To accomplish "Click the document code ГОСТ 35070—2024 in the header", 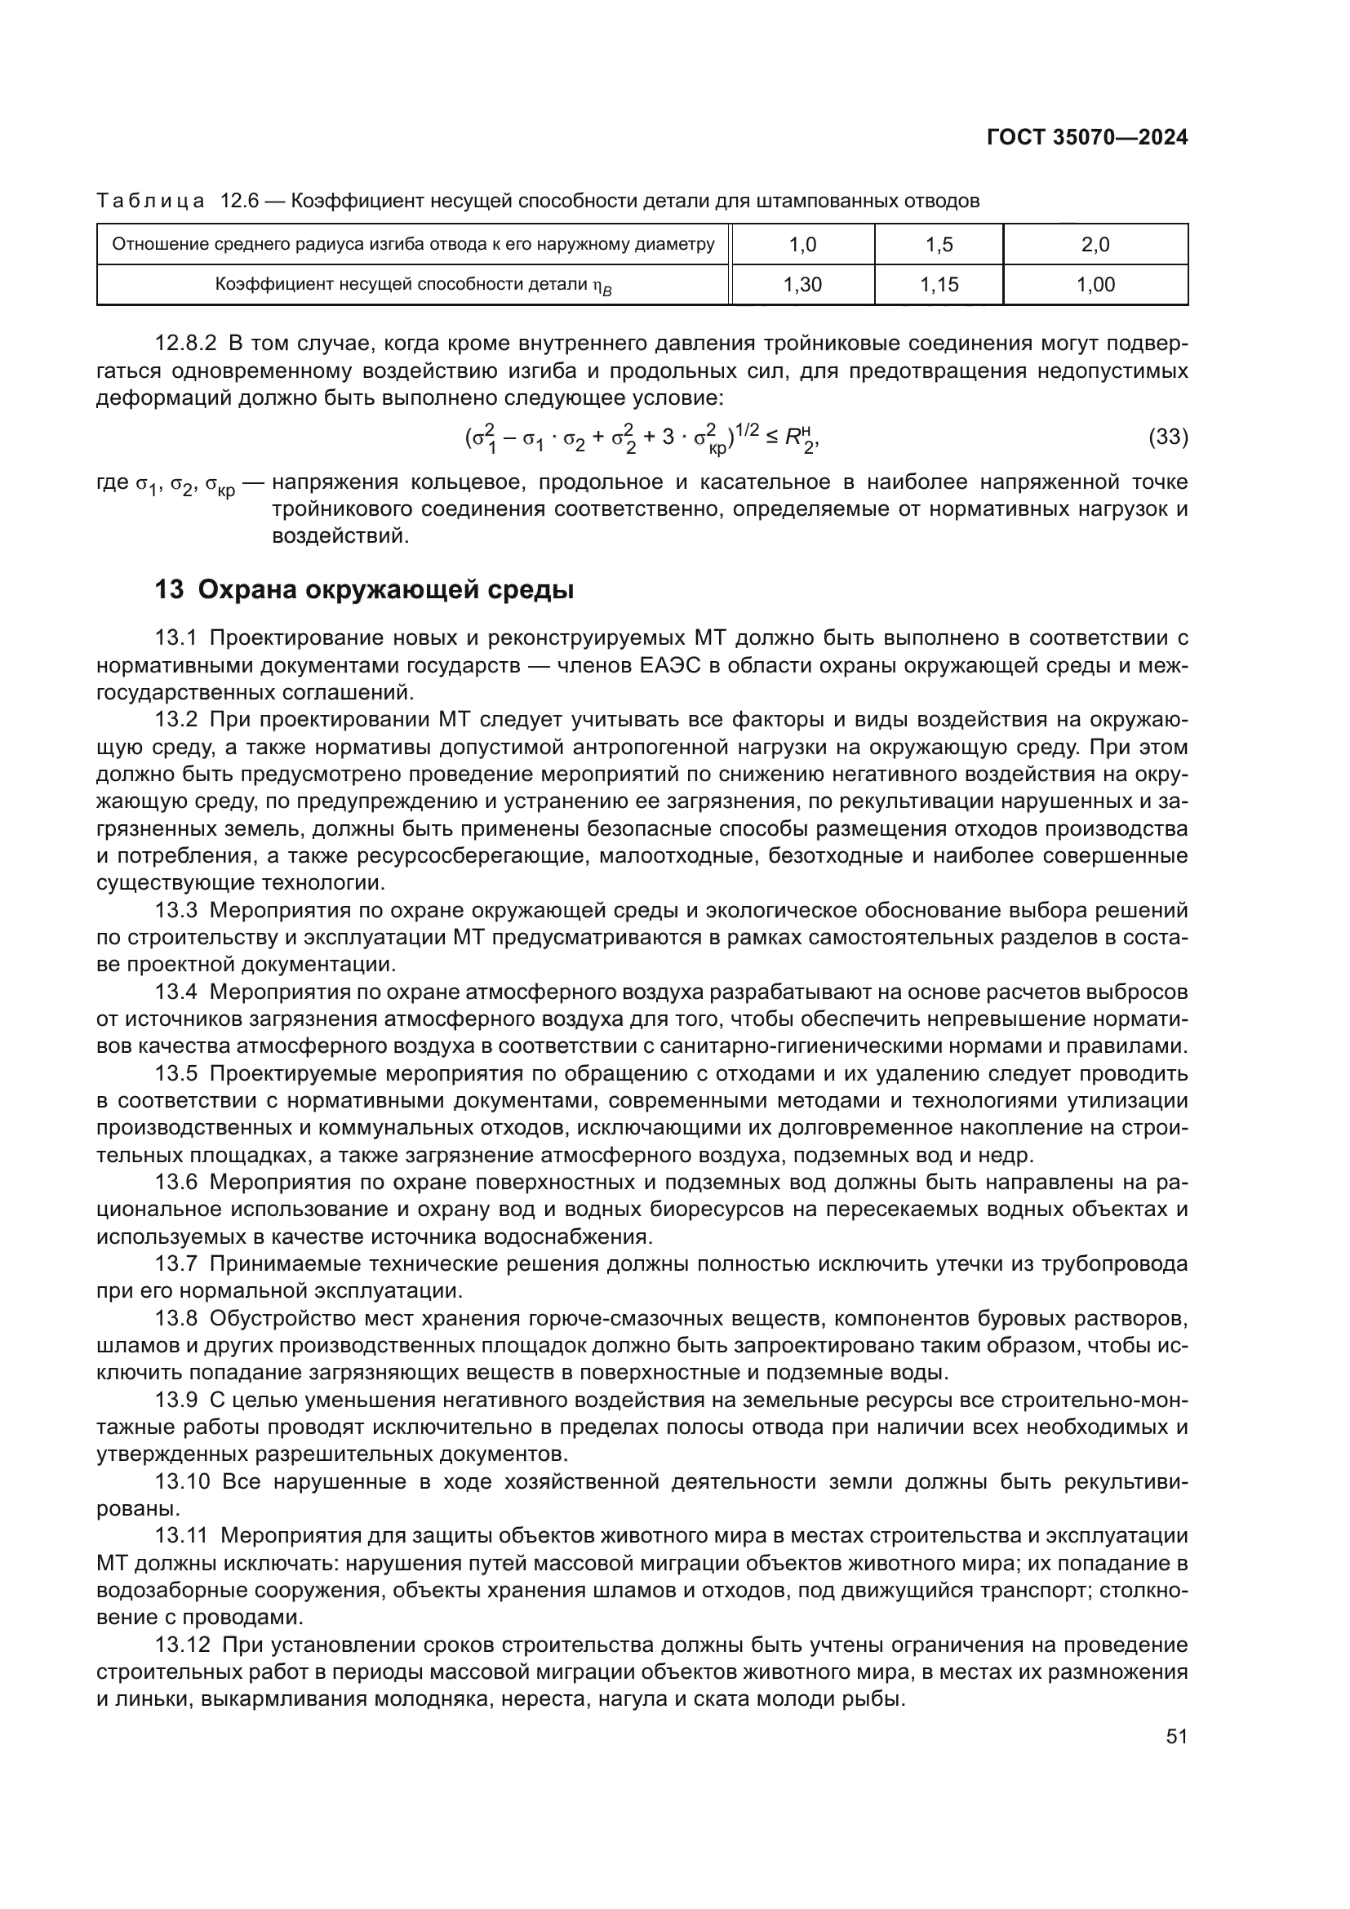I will [1086, 138].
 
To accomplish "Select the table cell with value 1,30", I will [802, 285].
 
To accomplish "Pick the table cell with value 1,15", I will [939, 285].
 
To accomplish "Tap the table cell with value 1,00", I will [1095, 285].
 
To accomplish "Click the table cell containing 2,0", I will [1095, 245].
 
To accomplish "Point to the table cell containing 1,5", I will [939, 245].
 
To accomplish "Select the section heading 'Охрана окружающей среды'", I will [385, 590].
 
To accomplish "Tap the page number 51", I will [1176, 1736].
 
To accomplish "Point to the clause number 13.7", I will [175, 1264].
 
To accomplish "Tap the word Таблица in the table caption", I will [150, 202].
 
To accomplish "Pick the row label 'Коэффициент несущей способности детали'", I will [413, 285].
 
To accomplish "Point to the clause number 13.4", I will [175, 992].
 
